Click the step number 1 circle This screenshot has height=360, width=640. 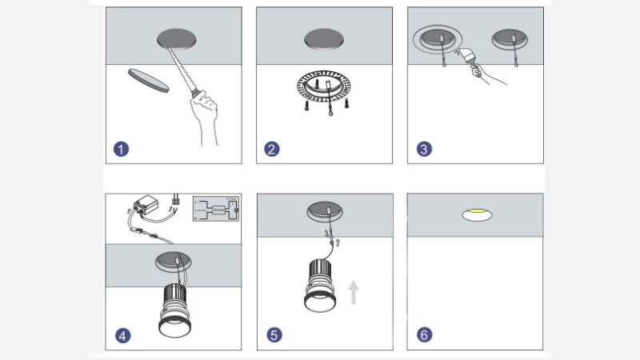click(x=121, y=149)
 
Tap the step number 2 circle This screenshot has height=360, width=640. click(x=272, y=149)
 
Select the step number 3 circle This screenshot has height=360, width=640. click(x=424, y=149)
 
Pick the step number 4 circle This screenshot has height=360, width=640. click(x=122, y=335)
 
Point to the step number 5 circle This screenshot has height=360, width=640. click(x=274, y=335)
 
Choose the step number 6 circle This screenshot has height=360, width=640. click(x=424, y=335)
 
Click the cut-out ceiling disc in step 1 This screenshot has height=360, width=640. click(x=147, y=81)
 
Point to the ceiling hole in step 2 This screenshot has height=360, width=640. click(x=324, y=38)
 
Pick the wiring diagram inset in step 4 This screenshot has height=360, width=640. click(x=215, y=208)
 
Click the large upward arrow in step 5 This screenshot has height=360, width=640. click(x=354, y=290)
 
